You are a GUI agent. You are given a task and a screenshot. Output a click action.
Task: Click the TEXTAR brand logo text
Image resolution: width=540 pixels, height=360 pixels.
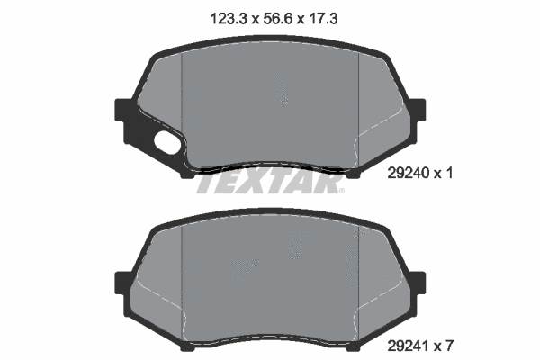(x=268, y=184)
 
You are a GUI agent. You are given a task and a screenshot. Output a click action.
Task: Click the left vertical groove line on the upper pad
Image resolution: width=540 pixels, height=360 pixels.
(x=183, y=108)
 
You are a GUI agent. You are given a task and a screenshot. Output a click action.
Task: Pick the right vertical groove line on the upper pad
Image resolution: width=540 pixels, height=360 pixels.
(x=358, y=108)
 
